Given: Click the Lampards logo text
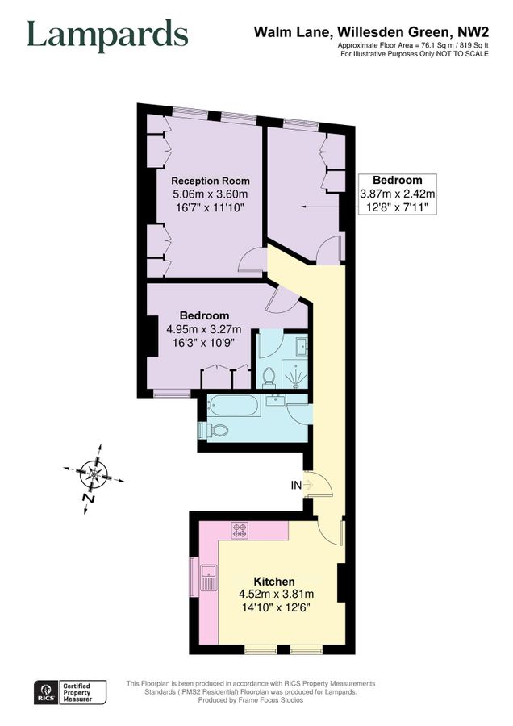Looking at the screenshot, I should point(107,35).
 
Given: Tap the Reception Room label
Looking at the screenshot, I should point(211,181).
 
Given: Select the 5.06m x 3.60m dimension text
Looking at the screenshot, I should point(211,194).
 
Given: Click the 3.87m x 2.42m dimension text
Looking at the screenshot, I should point(397,194).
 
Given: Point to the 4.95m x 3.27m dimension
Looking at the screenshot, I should point(204,329).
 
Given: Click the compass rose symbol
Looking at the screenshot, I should point(95,474).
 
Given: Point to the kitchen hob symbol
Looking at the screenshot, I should point(240,530).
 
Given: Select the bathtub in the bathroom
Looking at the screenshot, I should point(233,406).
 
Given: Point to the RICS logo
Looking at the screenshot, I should point(46,691).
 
